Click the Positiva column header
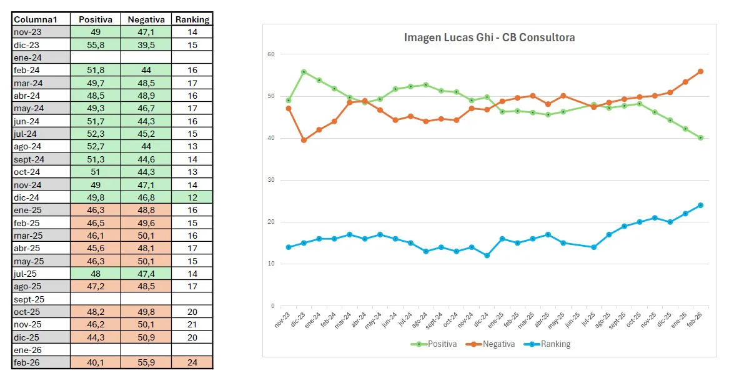[96, 19]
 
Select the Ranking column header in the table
[192, 19]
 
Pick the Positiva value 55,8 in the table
[96, 45]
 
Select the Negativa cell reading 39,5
[146, 45]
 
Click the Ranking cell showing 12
[192, 197]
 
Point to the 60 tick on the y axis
[270, 54]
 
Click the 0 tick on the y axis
[272, 306]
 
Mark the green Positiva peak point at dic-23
[304, 72]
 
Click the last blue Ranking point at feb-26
[700, 205]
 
